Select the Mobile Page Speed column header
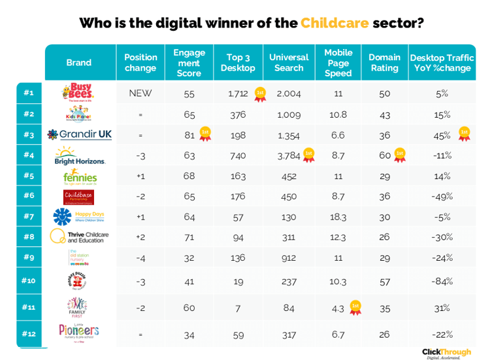[x=338, y=63]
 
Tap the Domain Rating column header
[x=384, y=63]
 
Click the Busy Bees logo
[x=79, y=93]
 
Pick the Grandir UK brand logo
[x=79, y=135]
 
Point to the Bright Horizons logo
[x=79, y=155]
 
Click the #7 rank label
[x=29, y=216]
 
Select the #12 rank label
[x=29, y=334]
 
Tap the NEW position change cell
[x=140, y=93]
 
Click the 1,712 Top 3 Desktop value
[x=238, y=93]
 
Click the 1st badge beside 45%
[x=465, y=134]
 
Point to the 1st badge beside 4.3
[x=355, y=306]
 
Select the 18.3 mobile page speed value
[x=338, y=216]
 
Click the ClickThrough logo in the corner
[x=446, y=353]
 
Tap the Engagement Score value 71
[x=189, y=236]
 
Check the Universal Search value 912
[x=288, y=257]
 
